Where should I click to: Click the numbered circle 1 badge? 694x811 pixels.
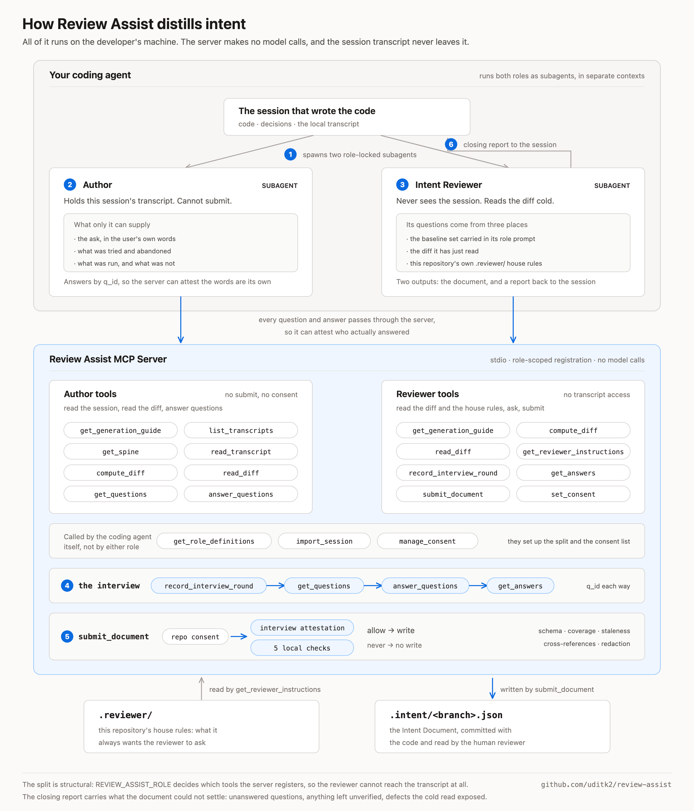pos(290,155)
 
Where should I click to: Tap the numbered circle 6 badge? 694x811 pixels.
pos(451,144)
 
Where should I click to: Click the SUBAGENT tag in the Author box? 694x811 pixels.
pos(280,185)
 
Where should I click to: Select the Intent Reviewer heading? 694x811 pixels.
pos(448,185)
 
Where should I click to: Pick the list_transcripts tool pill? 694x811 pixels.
pos(241,430)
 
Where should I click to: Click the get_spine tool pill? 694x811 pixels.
pos(121,452)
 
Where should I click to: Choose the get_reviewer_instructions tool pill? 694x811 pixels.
pos(573,452)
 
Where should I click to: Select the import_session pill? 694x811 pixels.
pos(324,541)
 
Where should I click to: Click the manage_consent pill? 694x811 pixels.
pos(427,541)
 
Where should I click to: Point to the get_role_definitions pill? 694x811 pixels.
pos(214,541)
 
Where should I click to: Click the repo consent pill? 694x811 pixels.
pos(195,636)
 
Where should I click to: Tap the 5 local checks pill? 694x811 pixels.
pos(302,648)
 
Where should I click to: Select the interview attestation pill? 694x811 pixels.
pos(302,628)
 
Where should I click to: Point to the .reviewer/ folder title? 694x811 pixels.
pos(125,715)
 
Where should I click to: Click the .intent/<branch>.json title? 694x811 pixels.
pos(446,715)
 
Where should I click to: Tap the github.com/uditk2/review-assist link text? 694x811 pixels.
pos(606,784)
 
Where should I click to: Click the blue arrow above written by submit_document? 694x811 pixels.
pos(492,689)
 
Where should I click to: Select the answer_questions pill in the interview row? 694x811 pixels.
pos(425,586)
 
